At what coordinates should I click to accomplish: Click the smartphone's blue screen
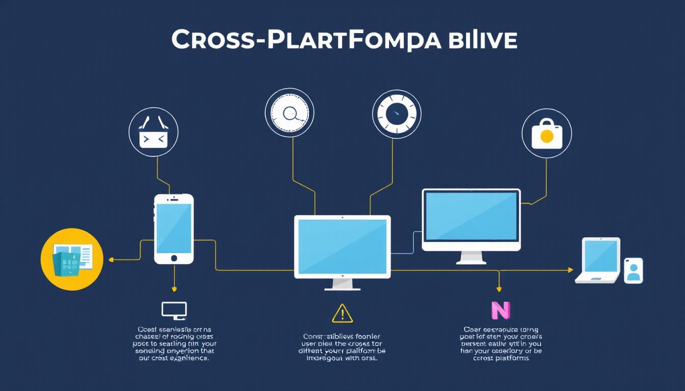[174, 225]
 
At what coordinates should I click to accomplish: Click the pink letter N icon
[500, 310]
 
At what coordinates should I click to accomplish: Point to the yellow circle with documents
[72, 259]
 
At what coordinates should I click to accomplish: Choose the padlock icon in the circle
[546, 133]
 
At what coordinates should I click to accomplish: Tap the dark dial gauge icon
[397, 115]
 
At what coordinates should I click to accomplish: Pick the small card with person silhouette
[633, 270]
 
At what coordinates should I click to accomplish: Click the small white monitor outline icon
[174, 310]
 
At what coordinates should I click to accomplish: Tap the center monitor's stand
[342, 285]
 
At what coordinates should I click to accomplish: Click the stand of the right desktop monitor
[471, 257]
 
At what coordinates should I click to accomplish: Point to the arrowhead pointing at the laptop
[570, 270]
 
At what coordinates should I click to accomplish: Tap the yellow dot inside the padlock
[546, 136]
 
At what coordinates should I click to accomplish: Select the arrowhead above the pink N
[500, 289]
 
